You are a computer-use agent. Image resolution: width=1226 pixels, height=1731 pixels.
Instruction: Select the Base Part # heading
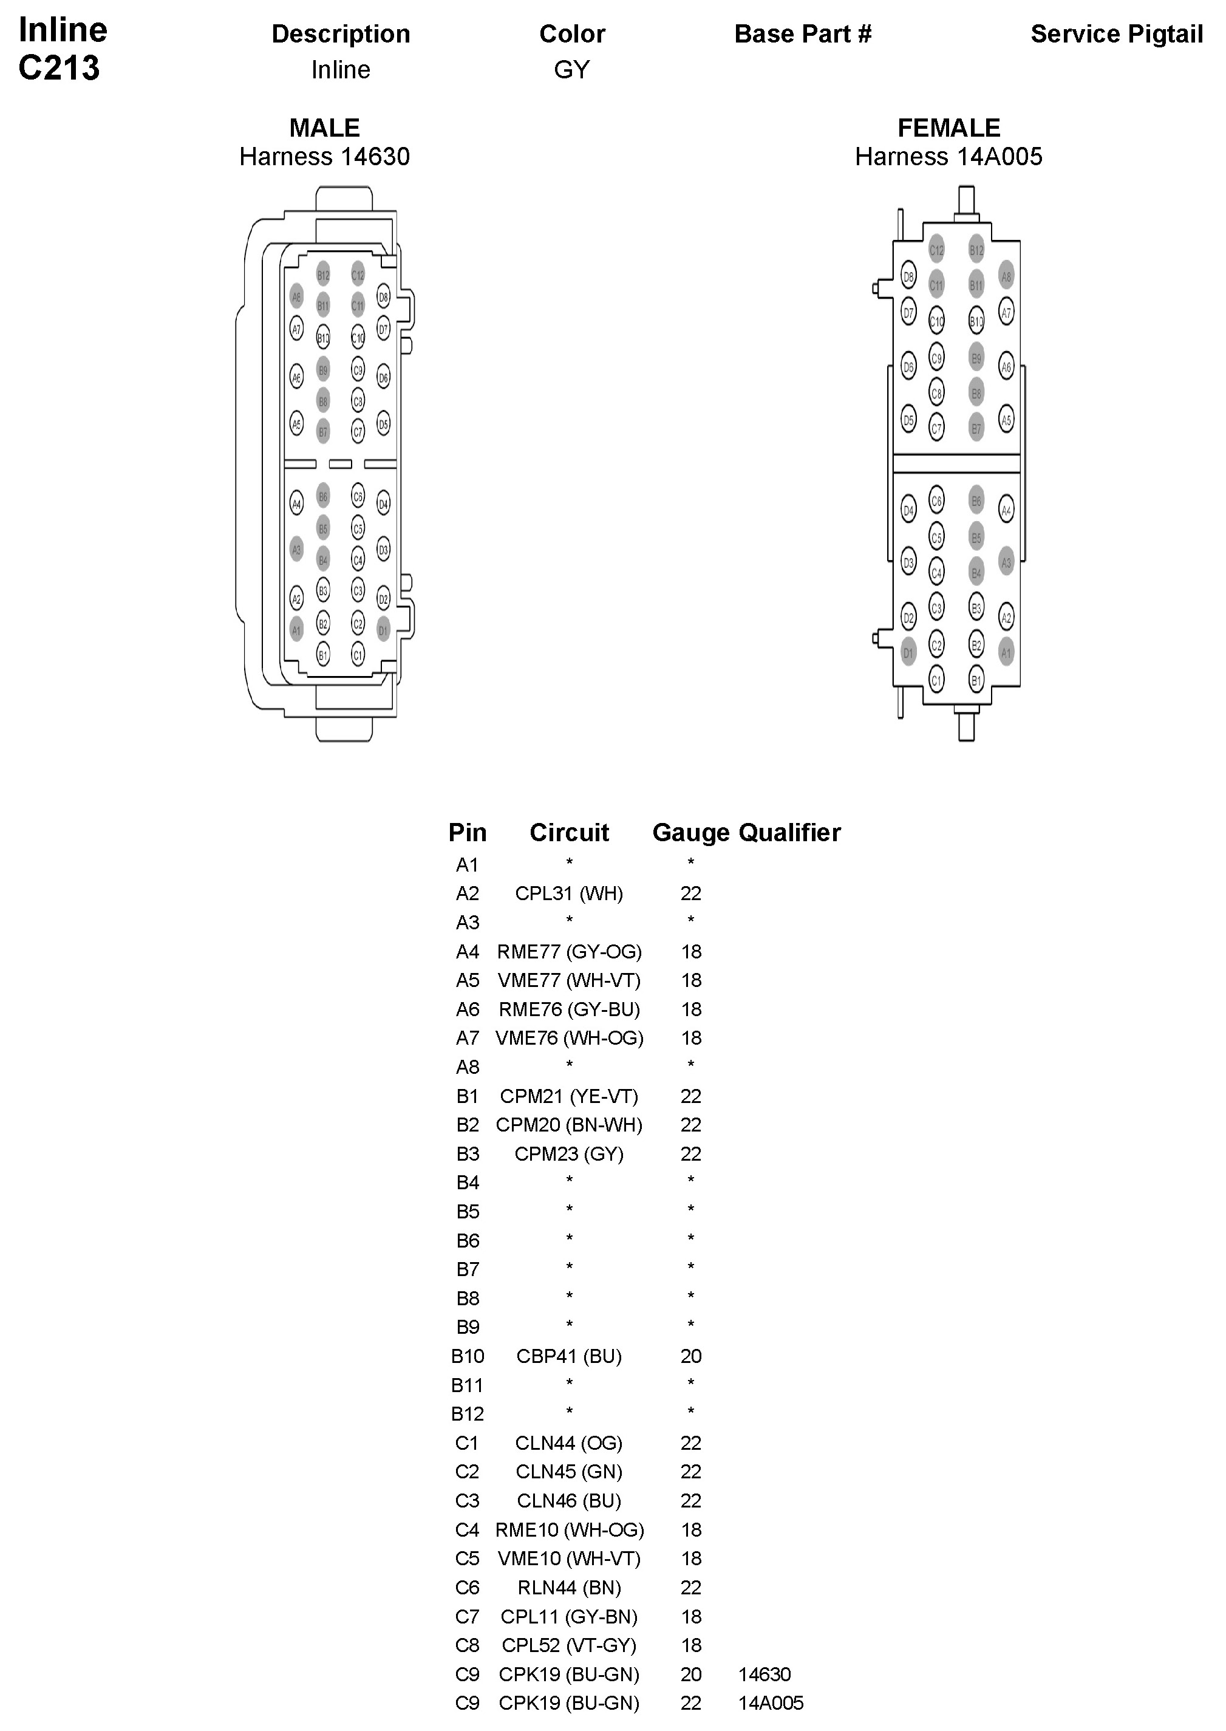point(803,34)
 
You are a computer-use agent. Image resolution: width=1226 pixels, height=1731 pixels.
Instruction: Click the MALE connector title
point(325,128)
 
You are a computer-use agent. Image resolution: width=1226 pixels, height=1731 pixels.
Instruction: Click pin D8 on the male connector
point(384,298)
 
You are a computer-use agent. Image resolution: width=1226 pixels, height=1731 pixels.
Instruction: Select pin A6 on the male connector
point(297,377)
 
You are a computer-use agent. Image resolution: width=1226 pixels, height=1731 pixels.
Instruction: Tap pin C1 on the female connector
point(936,680)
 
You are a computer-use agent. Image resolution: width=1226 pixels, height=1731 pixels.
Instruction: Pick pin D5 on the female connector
point(908,420)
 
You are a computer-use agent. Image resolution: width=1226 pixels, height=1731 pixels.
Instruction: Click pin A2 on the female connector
point(1006,616)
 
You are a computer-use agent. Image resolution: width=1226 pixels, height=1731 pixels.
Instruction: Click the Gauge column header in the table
point(690,832)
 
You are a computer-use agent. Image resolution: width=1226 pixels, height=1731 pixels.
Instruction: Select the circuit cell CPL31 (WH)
point(568,894)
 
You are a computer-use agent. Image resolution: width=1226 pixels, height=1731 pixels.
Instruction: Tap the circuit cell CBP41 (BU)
point(568,1357)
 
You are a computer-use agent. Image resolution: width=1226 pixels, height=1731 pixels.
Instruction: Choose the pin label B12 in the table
point(468,1414)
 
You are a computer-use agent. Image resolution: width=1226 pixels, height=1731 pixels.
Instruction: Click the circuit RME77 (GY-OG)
point(568,952)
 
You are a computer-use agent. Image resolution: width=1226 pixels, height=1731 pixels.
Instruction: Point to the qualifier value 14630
point(764,1675)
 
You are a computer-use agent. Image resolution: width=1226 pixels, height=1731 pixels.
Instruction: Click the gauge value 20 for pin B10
point(691,1357)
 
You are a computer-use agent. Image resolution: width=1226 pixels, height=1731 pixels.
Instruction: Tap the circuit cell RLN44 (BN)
point(568,1588)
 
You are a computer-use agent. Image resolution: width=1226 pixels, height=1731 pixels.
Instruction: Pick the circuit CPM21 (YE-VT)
point(568,1096)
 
